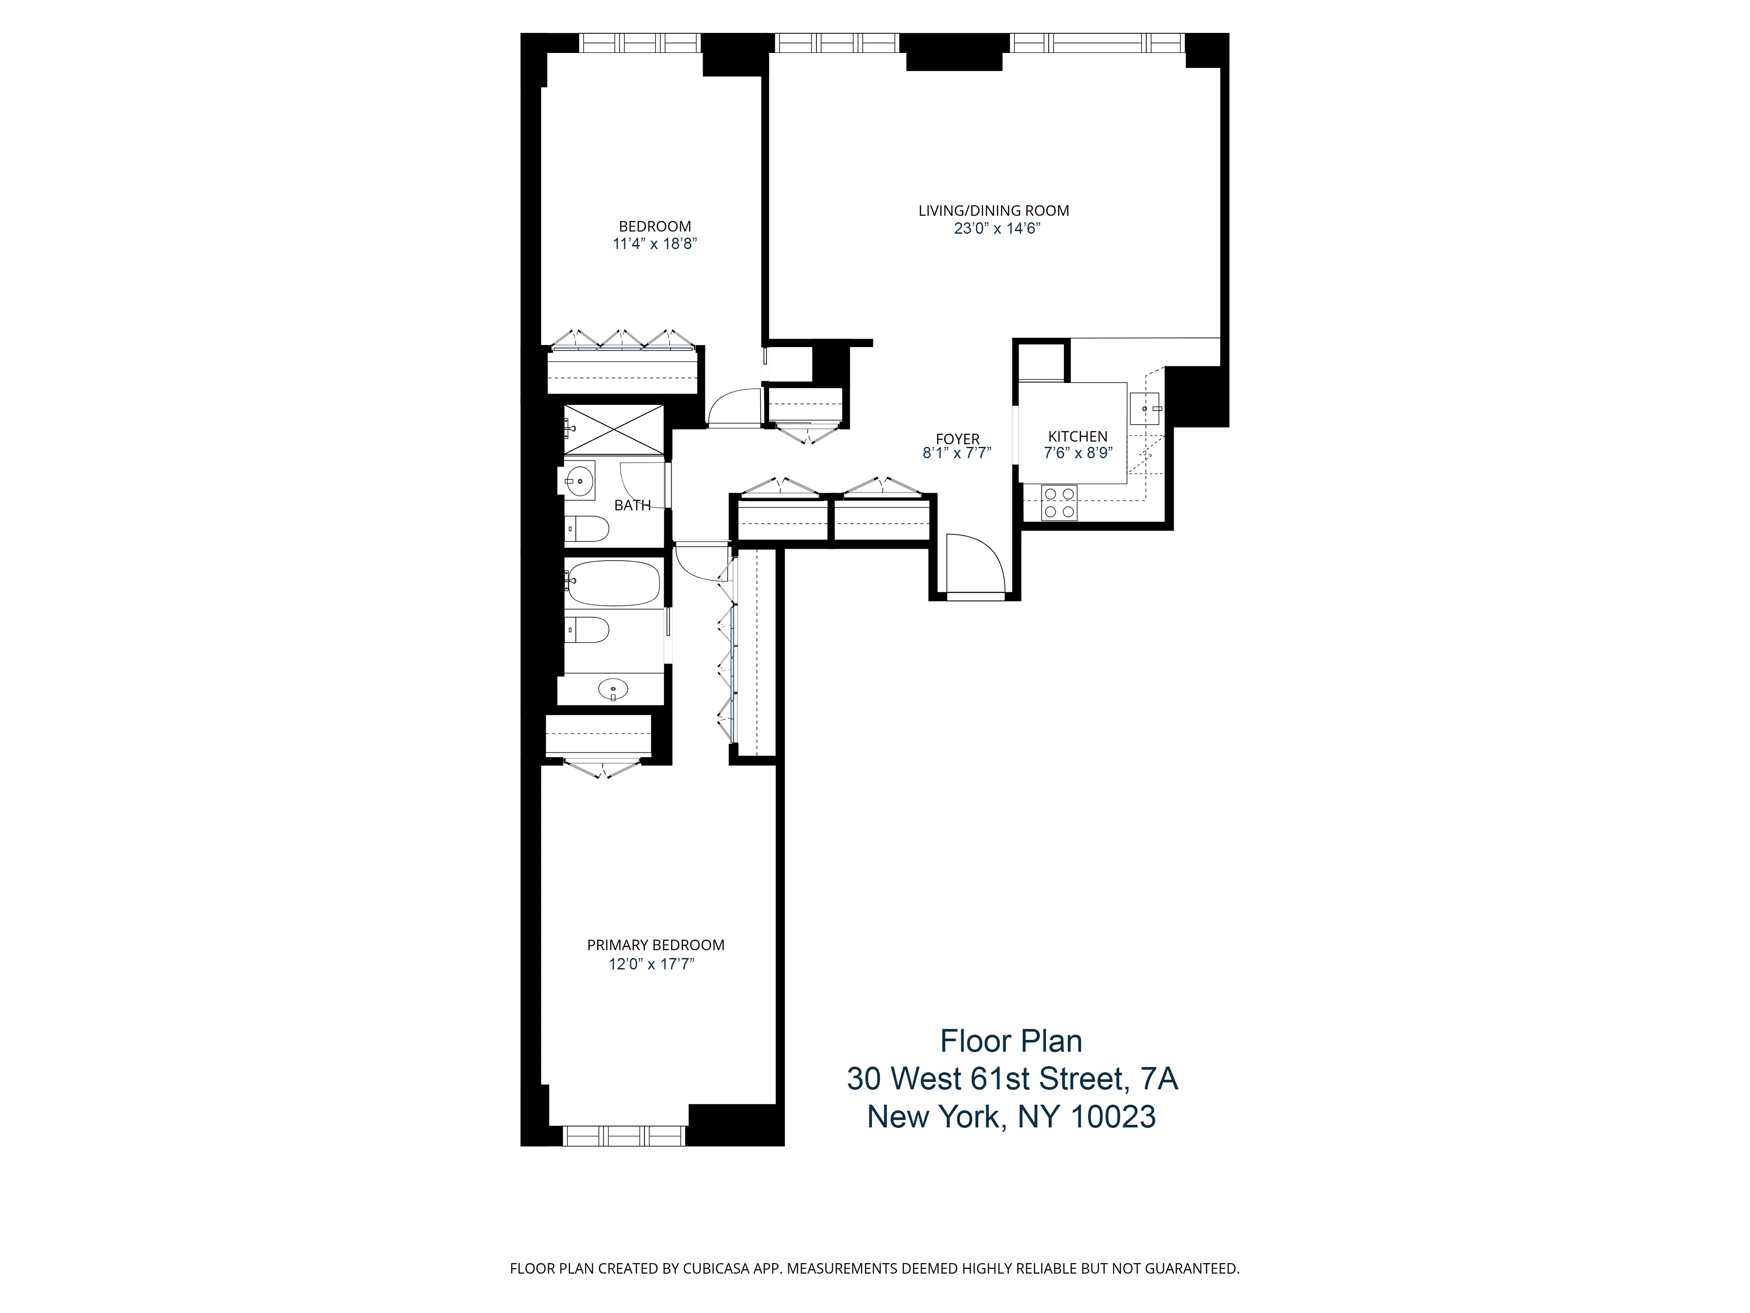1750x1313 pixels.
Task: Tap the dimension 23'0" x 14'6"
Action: [996, 229]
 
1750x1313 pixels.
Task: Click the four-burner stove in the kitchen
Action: [1059, 502]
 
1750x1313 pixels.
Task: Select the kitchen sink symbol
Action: [1144, 408]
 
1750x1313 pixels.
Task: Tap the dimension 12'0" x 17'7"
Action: [651, 965]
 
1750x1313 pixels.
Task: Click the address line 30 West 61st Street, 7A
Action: [1012, 1079]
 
